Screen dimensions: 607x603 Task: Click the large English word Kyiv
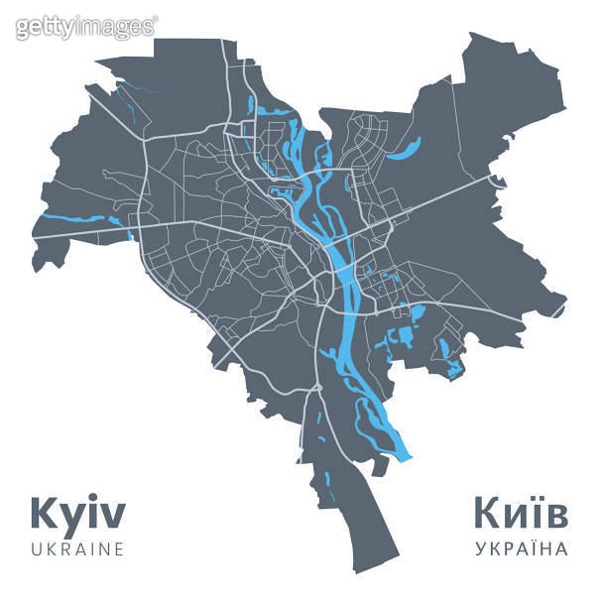click(78, 514)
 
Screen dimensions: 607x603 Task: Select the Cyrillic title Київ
click(520, 514)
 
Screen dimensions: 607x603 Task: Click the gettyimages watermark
click(85, 26)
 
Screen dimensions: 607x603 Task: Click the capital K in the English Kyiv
click(46, 514)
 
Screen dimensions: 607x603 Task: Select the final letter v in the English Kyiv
click(114, 517)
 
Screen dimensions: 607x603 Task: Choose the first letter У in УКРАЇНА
click(480, 548)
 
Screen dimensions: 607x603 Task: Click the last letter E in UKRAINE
click(118, 548)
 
